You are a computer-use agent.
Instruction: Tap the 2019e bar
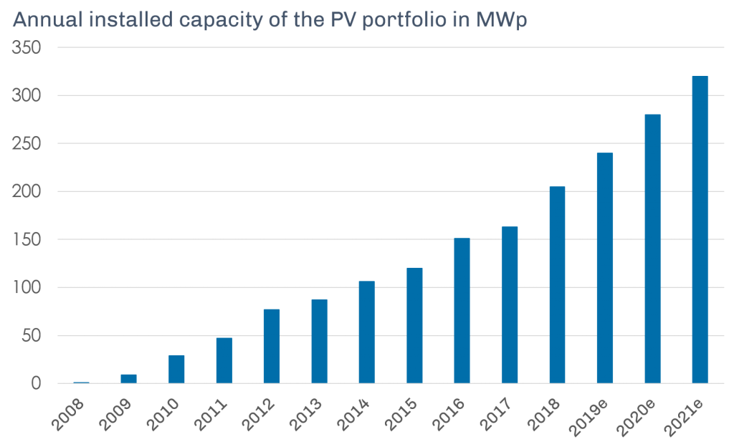click(605, 268)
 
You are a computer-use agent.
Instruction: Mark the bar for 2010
click(176, 369)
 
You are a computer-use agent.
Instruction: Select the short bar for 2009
click(129, 378)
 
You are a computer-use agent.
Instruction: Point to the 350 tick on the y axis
click(27, 47)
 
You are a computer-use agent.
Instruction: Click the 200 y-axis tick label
click(27, 191)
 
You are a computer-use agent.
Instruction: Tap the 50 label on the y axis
click(32, 335)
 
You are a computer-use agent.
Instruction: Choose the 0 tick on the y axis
click(37, 384)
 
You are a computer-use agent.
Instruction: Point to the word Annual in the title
click(44, 19)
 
